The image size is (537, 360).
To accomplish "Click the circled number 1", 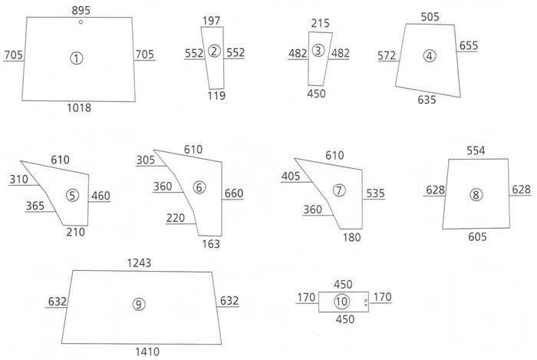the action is coord(77,58).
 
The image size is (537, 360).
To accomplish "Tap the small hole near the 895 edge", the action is coord(81,22).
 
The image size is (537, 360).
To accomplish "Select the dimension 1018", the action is coord(79,108).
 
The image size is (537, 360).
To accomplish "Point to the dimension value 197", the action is coord(211,21).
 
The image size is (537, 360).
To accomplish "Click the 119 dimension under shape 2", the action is coord(216,95).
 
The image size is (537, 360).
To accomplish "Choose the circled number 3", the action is coord(318,51).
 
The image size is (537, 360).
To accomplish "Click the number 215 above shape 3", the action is coord(320,23).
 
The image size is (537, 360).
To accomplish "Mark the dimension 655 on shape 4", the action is coord(469,45).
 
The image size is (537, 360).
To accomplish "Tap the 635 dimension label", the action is coord(427,100).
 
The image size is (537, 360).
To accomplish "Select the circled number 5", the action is coord(72,195).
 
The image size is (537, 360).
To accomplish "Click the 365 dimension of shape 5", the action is coord(35,206).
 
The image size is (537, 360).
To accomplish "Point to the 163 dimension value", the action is coord(211,244).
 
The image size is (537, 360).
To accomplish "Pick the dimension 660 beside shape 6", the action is coord(234,193).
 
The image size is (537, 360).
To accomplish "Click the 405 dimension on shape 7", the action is coord(291,176).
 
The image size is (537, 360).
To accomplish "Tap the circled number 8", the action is coord(476,195).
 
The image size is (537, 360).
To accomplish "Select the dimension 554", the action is coord(476,150).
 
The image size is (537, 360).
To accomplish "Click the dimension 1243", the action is coord(139,263).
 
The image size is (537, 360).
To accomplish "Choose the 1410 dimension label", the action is coord(147,352).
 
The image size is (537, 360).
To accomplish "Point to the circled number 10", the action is coord(341,302).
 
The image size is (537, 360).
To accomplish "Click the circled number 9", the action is coord(139,304).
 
